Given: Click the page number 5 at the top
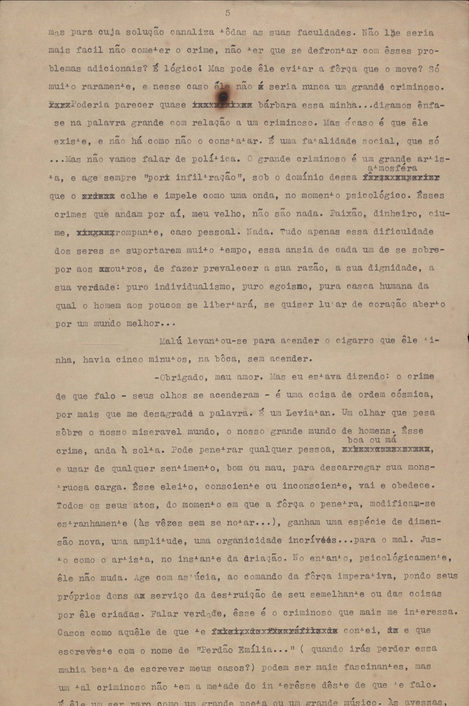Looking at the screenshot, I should tap(228, 13).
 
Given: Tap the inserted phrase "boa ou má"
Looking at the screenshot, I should tap(372, 440).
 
